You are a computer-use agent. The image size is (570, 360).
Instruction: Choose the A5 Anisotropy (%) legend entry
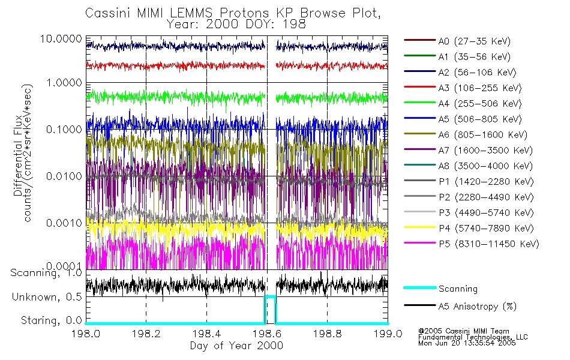477,306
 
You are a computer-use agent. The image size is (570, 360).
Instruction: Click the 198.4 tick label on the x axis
206,334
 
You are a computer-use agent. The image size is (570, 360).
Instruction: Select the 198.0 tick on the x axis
86,334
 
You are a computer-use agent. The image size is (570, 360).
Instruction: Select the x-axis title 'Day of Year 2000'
236,346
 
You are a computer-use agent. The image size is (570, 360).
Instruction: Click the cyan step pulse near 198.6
271,296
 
